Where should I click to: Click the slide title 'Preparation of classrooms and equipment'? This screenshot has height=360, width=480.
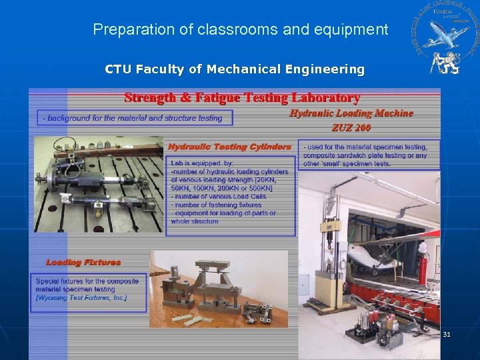point(240,29)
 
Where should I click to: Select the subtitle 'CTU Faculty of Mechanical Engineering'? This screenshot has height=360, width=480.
point(235,69)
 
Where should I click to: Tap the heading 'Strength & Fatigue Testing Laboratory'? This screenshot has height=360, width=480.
point(242,98)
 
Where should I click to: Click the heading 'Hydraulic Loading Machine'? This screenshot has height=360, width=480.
point(351,113)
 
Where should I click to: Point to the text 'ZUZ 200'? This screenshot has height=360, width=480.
point(351,127)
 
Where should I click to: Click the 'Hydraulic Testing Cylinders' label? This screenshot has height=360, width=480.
point(229,147)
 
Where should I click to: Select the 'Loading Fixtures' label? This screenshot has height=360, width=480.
point(83,263)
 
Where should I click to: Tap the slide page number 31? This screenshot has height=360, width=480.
point(447,334)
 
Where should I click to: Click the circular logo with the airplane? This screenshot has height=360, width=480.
point(444,30)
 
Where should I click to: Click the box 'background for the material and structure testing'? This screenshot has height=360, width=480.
point(134,118)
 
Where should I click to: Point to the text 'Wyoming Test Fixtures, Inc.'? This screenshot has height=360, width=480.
point(81,298)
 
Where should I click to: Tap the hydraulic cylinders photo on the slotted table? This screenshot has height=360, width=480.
point(97,184)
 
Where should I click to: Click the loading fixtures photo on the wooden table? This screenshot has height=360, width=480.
point(219,289)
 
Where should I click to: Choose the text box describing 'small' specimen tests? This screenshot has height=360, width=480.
point(368,155)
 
